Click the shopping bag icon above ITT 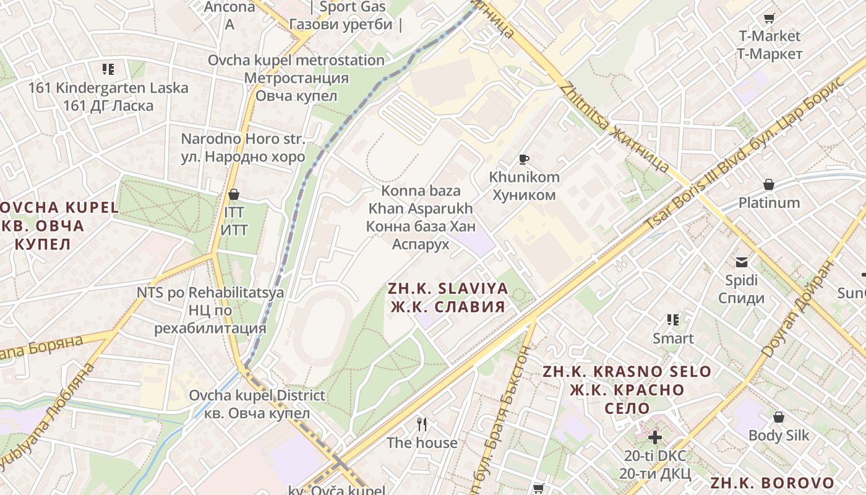click(234, 194)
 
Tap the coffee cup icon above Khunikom click(524, 160)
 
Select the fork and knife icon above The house click(422, 424)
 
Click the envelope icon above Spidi click(742, 262)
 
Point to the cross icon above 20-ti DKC click(654, 437)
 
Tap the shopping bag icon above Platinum click(769, 184)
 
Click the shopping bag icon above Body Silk click(779, 417)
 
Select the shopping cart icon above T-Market click(769, 19)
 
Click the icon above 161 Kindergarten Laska click(108, 69)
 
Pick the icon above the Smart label click(673, 320)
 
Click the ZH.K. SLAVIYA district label click(447, 297)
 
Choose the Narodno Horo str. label click(243, 147)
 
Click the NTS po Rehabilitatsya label click(210, 309)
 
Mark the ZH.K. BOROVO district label click(772, 483)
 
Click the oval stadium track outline click(322, 328)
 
